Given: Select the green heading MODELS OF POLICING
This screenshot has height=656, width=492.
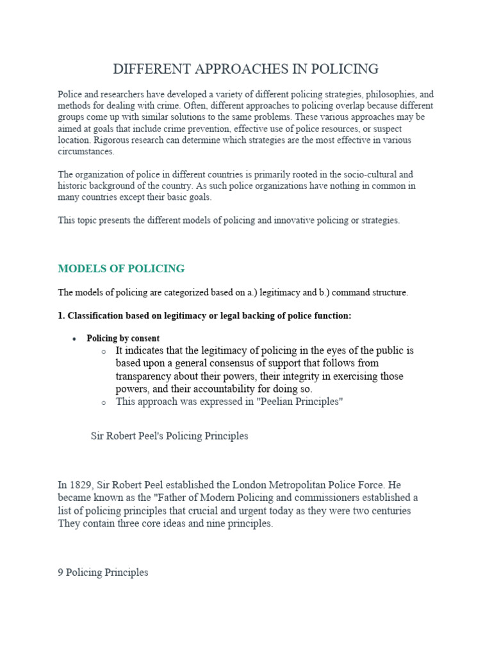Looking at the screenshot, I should tap(121, 268).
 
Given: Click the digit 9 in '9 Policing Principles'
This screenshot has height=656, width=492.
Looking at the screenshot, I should tap(61, 572).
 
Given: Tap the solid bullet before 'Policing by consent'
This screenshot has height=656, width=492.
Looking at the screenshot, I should tap(75, 339).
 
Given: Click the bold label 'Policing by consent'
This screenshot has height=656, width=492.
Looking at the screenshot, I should tap(123, 338).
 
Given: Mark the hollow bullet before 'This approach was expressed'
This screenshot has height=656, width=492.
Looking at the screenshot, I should tap(104, 403).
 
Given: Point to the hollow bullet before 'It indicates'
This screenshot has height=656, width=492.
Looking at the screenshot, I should tap(104, 352).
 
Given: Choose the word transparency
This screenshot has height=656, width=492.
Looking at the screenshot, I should tap(146, 376).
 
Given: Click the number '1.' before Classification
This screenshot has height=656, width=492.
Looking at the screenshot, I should tap(61, 316).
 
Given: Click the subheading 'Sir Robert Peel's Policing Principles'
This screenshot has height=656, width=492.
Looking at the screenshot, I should tap(170, 436).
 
